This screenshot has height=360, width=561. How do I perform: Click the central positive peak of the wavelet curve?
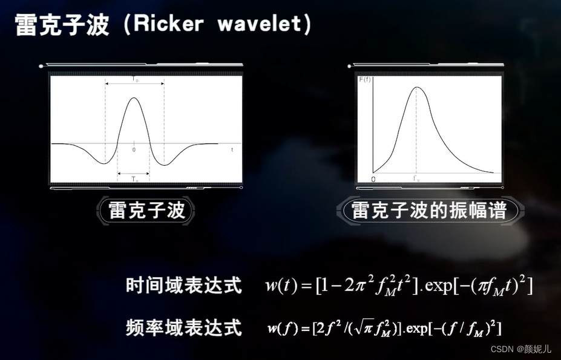[134, 99]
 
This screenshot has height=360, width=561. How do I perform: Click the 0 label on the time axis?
[134, 149]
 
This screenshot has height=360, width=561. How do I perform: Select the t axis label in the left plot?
[232, 148]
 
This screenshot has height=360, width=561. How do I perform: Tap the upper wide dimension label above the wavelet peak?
[135, 79]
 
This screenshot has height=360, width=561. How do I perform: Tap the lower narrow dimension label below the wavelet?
[134, 179]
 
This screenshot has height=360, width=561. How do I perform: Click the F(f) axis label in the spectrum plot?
[365, 80]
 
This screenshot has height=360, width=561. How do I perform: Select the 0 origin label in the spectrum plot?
[373, 180]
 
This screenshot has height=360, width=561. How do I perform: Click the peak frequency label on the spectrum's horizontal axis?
[416, 178]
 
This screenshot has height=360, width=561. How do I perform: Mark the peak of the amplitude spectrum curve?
[416, 87]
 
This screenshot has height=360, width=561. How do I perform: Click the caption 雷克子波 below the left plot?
[146, 211]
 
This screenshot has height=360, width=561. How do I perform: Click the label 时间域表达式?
[184, 285]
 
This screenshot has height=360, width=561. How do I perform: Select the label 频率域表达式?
[184, 327]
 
